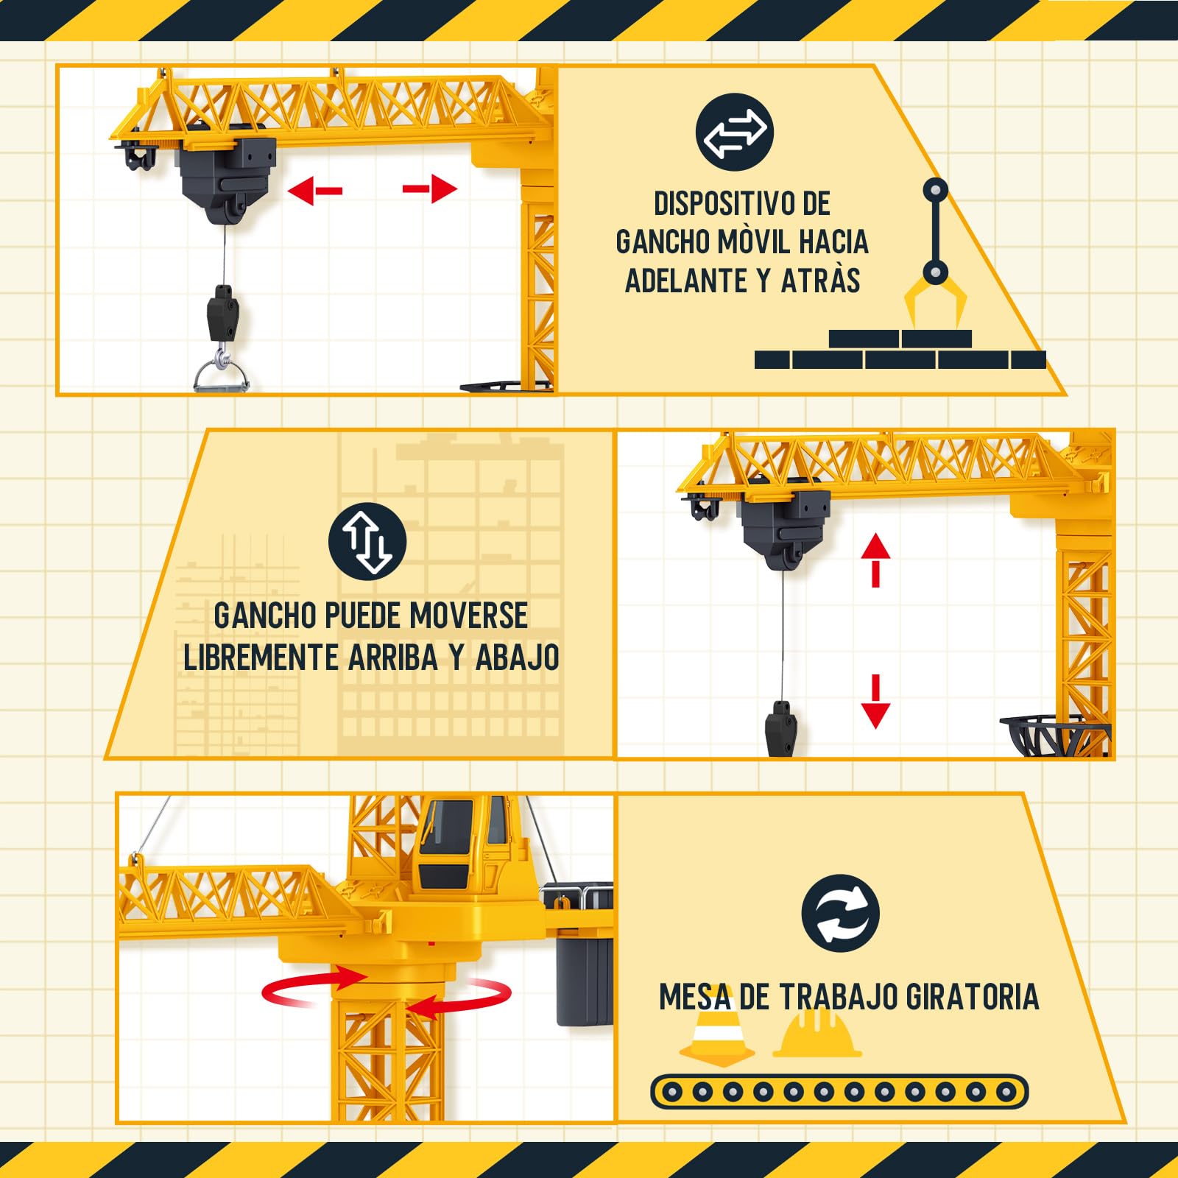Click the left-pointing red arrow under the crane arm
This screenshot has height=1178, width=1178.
click(315, 191)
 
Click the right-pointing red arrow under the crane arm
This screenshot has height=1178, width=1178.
click(430, 189)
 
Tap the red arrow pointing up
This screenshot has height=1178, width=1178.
click(875, 560)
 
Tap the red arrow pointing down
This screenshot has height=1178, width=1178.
click(875, 702)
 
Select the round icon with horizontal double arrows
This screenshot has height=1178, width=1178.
click(734, 132)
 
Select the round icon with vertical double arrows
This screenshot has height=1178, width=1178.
click(367, 541)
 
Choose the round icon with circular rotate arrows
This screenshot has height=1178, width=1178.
click(840, 913)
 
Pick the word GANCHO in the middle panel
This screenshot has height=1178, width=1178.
click(265, 616)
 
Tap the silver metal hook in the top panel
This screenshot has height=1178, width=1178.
click(222, 370)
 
